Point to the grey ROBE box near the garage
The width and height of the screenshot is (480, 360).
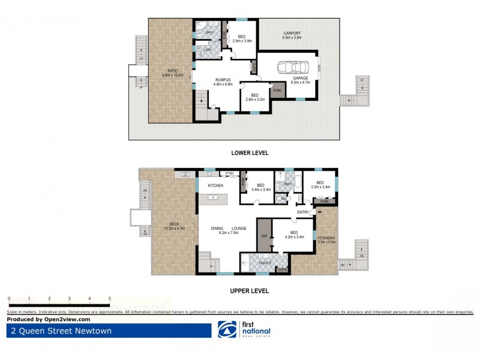(x=277, y=92)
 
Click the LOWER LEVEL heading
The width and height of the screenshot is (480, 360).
(x=249, y=153)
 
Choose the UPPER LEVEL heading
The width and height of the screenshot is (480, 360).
(x=249, y=291)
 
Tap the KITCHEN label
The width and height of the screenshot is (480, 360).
(x=215, y=185)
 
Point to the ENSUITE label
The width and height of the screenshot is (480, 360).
(x=265, y=262)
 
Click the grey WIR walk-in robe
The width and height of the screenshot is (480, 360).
(x=264, y=236)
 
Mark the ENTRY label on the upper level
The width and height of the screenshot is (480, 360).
(x=303, y=212)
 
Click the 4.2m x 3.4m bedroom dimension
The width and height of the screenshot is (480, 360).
(x=293, y=236)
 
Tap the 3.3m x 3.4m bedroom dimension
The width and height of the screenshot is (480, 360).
(x=320, y=187)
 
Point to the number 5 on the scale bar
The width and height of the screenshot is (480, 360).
(x=110, y=298)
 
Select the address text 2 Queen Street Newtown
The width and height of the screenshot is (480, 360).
(x=60, y=331)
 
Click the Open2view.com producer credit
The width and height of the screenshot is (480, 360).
(x=44, y=319)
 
